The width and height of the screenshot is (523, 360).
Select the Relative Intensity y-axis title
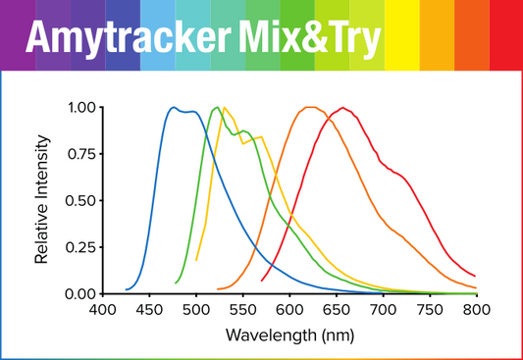tap(42, 199)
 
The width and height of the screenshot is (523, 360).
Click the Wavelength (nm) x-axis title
tap(288, 334)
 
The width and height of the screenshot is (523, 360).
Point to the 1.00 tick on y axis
tap(80, 107)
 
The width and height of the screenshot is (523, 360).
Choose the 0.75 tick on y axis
tap(80, 154)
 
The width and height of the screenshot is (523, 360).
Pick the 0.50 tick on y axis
tap(80, 200)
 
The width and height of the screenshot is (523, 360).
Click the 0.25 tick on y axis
tap(80, 247)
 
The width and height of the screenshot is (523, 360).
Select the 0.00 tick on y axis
tap(80, 293)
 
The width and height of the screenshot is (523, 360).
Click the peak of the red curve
tap(342, 108)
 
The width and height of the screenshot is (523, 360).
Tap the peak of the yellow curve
tap(225, 107)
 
